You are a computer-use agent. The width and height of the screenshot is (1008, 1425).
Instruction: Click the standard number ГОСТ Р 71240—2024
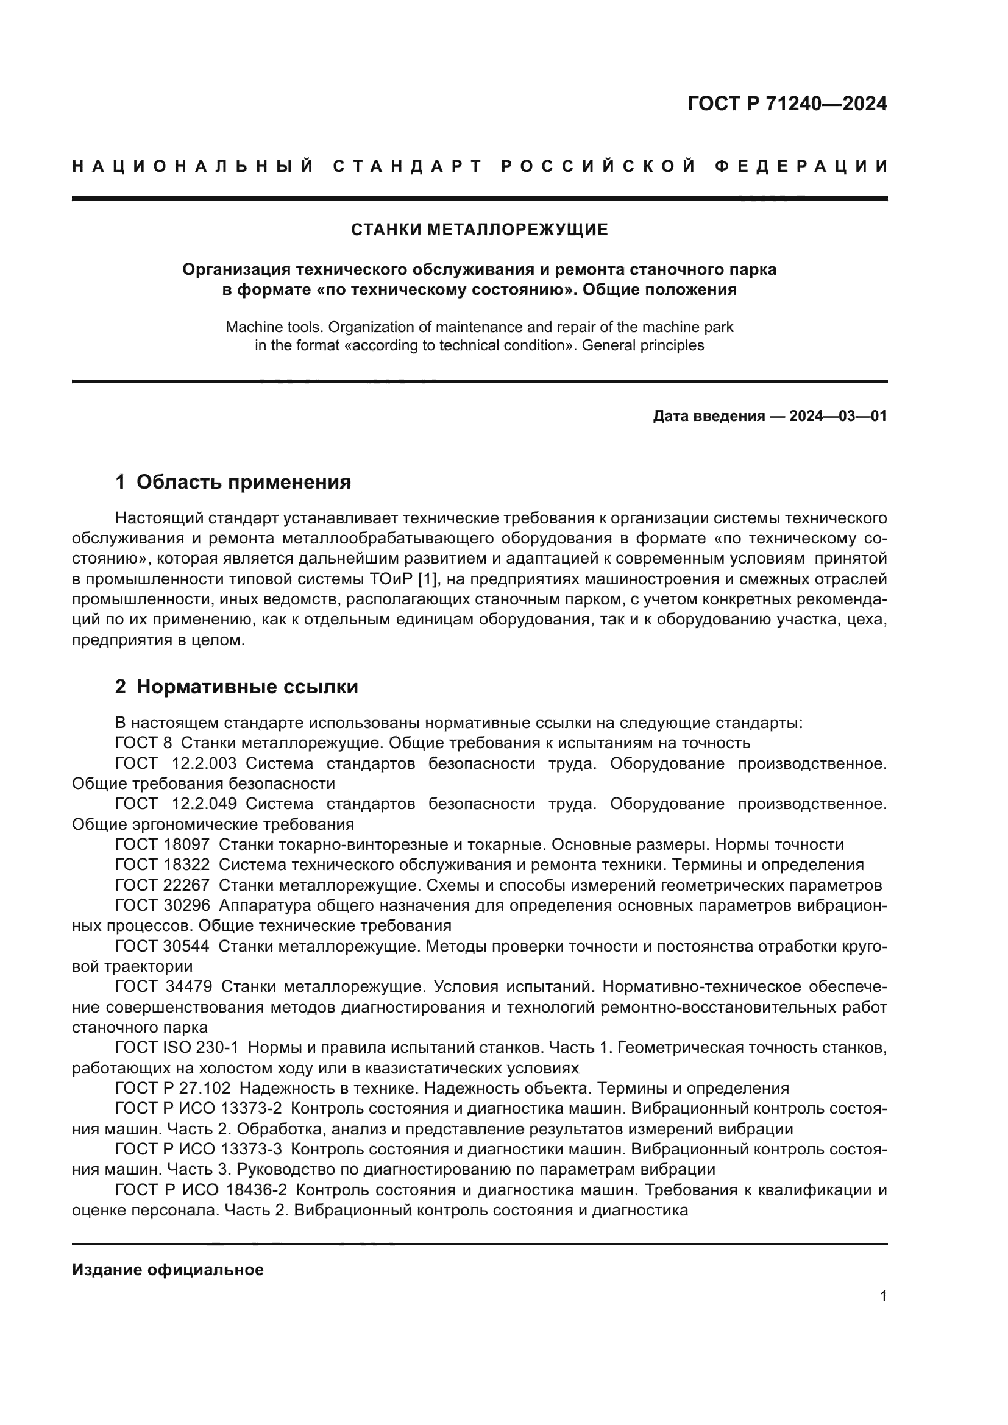[787, 104]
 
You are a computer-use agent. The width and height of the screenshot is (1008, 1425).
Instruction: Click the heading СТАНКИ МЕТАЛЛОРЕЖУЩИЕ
[479, 230]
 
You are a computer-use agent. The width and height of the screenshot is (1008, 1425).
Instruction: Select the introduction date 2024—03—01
[837, 416]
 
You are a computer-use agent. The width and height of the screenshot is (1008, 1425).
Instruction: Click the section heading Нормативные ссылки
[247, 687]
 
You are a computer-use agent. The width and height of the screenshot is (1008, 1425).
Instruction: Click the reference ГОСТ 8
[143, 742]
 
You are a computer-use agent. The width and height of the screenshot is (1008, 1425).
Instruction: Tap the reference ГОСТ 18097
[162, 844]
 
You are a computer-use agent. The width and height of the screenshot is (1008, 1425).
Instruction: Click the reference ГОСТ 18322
[162, 865]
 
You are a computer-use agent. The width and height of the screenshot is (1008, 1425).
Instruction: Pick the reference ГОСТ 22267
[162, 885]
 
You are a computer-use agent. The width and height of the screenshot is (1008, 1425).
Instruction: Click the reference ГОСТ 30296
[162, 905]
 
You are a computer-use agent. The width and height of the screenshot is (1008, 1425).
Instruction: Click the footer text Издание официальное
[168, 1270]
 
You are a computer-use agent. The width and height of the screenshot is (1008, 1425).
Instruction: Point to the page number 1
[882, 1296]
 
